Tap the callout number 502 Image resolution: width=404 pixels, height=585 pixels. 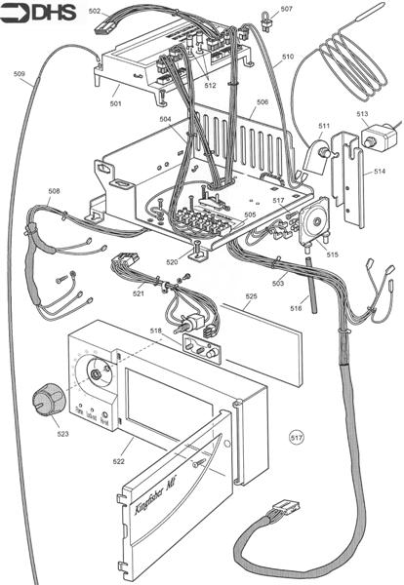pyautogui.click(x=95, y=12)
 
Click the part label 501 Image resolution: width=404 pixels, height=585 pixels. pyautogui.click(x=115, y=103)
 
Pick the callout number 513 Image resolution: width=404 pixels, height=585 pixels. pyautogui.click(x=362, y=114)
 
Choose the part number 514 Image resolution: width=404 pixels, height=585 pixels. pyautogui.click(x=379, y=172)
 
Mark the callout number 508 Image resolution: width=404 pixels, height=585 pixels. pyautogui.click(x=55, y=191)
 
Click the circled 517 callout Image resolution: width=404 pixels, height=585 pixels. pyautogui.click(x=297, y=439)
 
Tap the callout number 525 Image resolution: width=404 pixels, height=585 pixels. pyautogui.click(x=251, y=296)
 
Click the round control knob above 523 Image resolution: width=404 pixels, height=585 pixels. pyautogui.click(x=46, y=398)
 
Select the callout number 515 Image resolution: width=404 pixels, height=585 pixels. pyautogui.click(x=333, y=254)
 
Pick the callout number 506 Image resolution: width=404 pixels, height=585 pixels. pyautogui.click(x=263, y=101)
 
